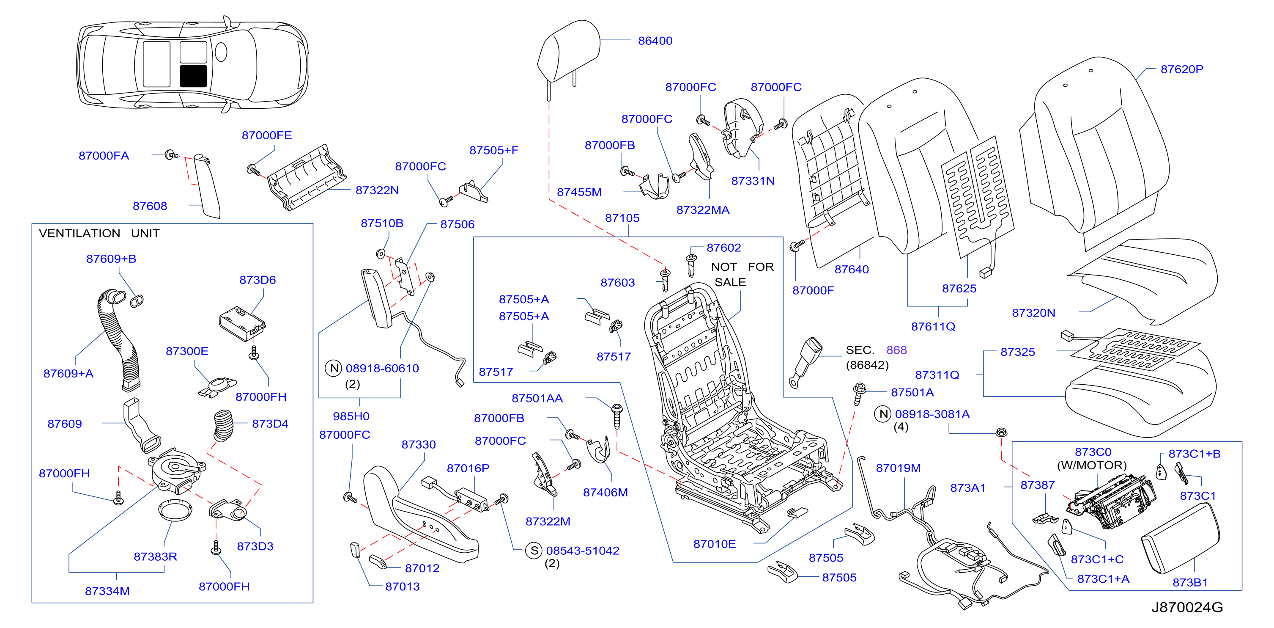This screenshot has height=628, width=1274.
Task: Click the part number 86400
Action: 655,41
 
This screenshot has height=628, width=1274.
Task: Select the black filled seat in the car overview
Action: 193,76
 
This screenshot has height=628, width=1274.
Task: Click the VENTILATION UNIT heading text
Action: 99,233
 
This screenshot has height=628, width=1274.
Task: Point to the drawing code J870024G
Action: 1187,607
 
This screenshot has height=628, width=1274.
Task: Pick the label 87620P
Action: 1181,69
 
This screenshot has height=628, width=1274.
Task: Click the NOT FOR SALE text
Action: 742,274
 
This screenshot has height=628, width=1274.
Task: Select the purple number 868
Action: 896,350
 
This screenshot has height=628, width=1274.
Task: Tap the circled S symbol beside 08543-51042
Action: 534,550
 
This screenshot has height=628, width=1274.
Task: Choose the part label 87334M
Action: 107,591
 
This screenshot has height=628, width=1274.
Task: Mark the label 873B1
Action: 1190,582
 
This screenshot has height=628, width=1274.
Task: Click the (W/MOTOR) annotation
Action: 1091,465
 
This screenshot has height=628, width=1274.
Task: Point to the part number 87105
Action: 622,218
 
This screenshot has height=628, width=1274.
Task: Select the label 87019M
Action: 898,468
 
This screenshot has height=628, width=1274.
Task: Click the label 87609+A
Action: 68,373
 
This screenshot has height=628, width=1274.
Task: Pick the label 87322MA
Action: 703,210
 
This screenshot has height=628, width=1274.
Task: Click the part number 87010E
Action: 714,544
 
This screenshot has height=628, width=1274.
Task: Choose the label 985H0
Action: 351,416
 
